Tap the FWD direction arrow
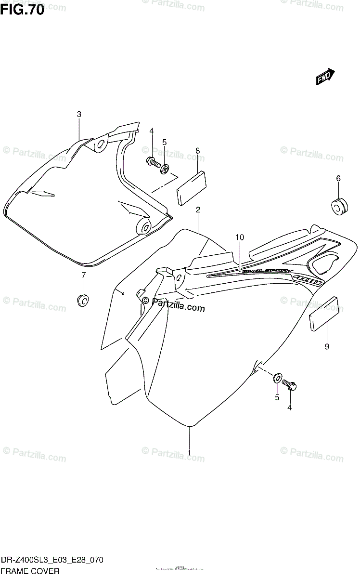325,76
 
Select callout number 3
79,115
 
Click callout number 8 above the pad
197,151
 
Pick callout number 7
83,275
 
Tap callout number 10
240,237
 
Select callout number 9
327,346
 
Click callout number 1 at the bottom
189,452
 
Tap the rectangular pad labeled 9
323,314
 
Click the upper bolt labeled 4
152,162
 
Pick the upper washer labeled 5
165,169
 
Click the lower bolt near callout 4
290,385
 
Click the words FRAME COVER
30,571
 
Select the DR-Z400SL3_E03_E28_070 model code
51,561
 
